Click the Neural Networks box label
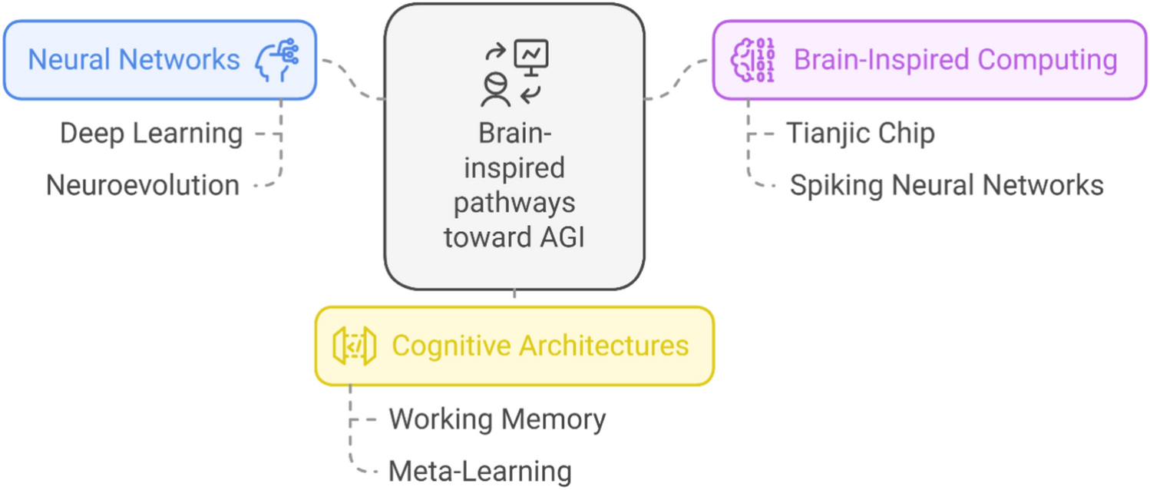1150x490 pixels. tap(134, 59)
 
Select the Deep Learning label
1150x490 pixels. tap(151, 133)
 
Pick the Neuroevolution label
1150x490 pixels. tap(143, 185)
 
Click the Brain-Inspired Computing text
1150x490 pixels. tap(955, 59)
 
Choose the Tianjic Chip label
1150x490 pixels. tap(860, 133)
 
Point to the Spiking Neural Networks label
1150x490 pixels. tap(947, 185)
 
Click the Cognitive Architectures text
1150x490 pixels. tap(540, 346)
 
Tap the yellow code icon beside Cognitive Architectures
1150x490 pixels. tap(354, 346)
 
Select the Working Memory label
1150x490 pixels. tap(497, 419)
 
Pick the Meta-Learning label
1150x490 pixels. tap(480, 470)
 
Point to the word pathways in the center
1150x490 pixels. tap(514, 203)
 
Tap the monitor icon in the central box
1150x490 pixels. tap(531, 56)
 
